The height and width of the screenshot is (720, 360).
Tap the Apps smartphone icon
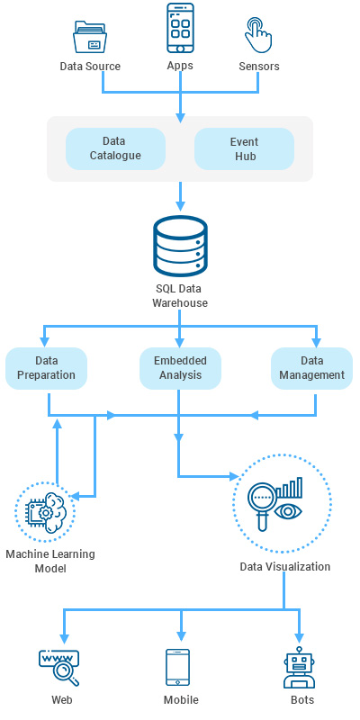pos(180,29)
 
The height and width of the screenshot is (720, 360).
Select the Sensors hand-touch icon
pos(258,35)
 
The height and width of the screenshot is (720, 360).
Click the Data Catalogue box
pos(115,148)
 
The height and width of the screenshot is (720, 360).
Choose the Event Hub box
pos(244,148)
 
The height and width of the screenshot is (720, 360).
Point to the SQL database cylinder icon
pos(180,248)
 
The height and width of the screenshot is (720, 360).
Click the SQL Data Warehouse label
pos(180,296)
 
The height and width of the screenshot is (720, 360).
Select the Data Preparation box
pos(47,368)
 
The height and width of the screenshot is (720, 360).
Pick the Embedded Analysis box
pos(180,368)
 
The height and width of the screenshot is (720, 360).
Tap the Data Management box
pos(311,368)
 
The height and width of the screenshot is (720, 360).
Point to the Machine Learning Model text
pos(49,561)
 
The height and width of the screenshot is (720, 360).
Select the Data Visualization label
pos(284,567)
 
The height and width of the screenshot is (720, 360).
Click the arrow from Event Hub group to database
pos(180,193)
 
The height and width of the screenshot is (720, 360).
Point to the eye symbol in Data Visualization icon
pos(290,510)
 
